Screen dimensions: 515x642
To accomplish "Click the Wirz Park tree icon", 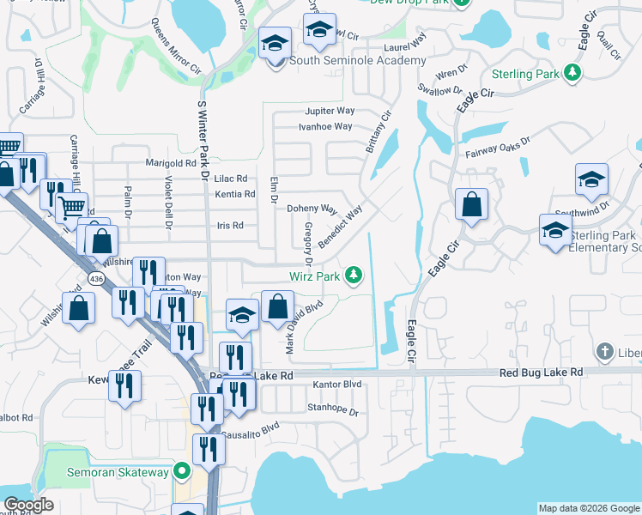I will click(x=352, y=276).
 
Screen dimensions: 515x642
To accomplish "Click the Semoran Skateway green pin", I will click(x=181, y=471).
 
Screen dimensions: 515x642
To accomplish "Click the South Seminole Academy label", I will click(x=357, y=60).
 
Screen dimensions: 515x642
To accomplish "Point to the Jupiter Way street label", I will click(x=330, y=112).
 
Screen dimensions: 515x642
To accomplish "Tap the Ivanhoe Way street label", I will click(x=325, y=126).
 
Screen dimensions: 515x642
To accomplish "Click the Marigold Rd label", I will click(x=172, y=163).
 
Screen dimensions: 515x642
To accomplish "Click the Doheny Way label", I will click(x=312, y=209).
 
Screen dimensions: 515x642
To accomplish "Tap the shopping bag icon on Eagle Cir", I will click(x=471, y=205).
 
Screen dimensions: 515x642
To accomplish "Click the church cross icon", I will click(x=605, y=352).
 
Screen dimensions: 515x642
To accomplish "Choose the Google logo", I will click(x=28, y=505).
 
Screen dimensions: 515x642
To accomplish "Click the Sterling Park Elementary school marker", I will click(x=555, y=230).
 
